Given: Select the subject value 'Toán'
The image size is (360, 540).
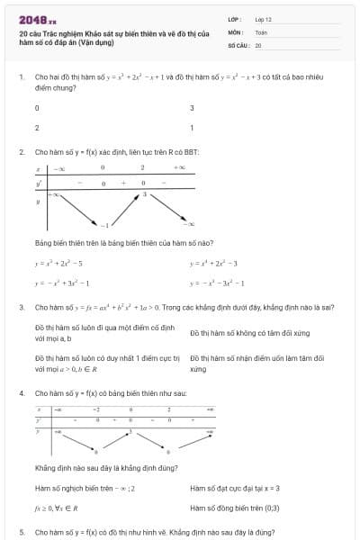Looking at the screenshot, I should (261, 31).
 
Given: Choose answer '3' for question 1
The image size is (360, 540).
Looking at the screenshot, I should (192, 108).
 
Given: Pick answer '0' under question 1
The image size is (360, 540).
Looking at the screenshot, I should (37, 108).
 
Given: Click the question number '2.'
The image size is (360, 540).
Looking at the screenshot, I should (22, 152).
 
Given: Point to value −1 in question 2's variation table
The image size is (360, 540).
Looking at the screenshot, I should (104, 223).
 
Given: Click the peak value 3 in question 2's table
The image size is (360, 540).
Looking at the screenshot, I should (143, 193).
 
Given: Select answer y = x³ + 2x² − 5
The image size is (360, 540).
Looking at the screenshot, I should (58, 264).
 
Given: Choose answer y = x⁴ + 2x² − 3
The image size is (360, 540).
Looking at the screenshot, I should (213, 264).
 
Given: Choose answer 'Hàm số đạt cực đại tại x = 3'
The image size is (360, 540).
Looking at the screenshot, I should (235, 489).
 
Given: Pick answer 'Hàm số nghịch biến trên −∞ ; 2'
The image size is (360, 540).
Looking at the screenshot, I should (85, 489).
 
